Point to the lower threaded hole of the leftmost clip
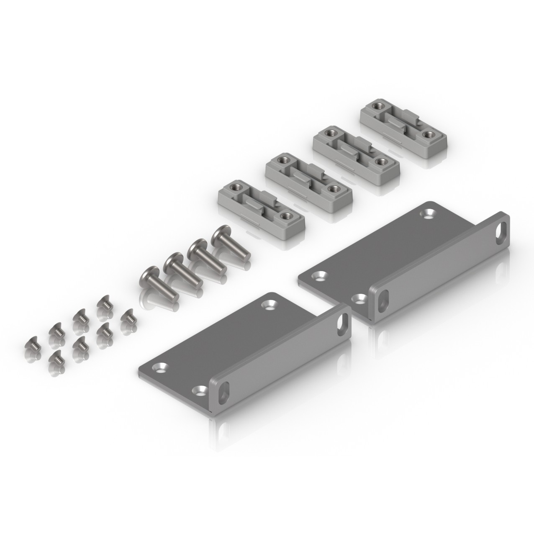tap(286, 216)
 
